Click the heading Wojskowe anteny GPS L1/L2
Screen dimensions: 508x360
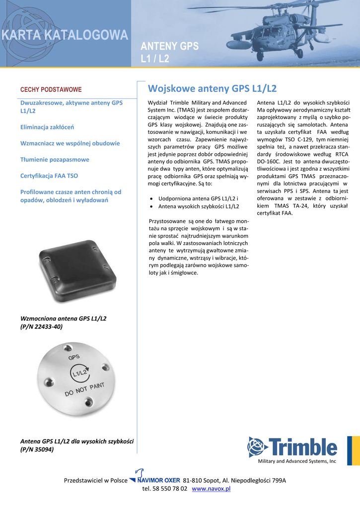click(212, 89)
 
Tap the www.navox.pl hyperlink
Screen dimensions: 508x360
click(211, 489)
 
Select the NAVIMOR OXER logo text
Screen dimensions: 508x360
click(158, 480)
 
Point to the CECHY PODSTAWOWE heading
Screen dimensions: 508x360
click(51, 90)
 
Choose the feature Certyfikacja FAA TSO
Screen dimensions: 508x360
click(49, 176)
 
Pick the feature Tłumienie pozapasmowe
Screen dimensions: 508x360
click(55, 159)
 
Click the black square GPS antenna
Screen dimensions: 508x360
click(77, 272)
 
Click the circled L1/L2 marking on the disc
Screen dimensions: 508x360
click(79, 372)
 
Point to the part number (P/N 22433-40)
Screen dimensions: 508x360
click(41, 327)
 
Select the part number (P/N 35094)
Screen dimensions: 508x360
click(37, 449)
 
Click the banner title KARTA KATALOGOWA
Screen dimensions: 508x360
click(65, 35)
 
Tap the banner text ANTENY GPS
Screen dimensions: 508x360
click(169, 47)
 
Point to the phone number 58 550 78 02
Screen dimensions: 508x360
click(170, 489)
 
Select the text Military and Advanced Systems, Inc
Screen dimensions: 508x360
click(297, 461)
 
